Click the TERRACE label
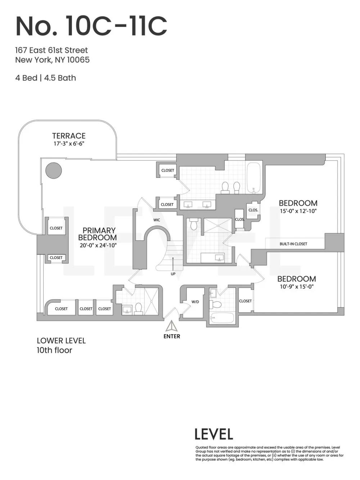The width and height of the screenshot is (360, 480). [69, 136]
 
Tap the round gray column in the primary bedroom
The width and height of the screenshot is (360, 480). [54, 171]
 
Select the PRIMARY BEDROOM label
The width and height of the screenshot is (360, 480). [98, 234]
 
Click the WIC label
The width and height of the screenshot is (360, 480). [157, 220]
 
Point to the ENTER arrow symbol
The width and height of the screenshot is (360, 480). [172, 326]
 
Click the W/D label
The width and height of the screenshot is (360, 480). [195, 302]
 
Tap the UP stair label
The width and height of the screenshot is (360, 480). [173, 274]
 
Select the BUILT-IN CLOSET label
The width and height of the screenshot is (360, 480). [293, 244]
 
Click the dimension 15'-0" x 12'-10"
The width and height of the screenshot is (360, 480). [298, 211]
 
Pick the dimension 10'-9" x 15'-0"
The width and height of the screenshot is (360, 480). [297, 287]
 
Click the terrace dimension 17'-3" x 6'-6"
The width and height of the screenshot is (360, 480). [69, 144]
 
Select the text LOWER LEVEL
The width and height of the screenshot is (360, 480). [61, 341]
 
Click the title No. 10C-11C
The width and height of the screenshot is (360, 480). [91, 26]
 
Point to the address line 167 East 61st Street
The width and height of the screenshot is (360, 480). [51, 50]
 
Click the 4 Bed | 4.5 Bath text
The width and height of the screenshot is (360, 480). [45, 78]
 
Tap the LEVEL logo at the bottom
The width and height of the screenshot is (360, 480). [214, 434]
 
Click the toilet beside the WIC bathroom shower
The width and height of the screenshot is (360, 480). [193, 224]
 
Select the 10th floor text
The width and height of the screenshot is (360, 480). [54, 350]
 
